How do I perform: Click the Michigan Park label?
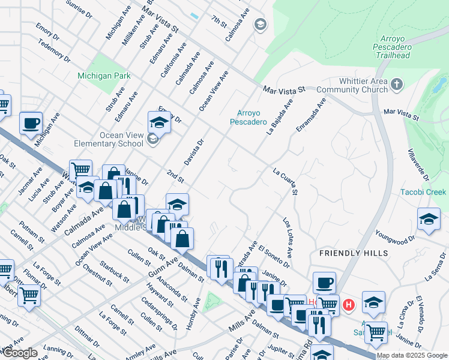click(x=104, y=76)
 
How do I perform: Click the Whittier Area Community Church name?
click(x=352, y=86)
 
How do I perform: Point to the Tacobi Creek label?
click(x=423, y=192)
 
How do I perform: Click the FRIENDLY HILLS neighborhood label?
click(x=354, y=253)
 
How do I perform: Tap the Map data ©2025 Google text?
click(x=412, y=355)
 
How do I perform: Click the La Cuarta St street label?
click(x=286, y=181)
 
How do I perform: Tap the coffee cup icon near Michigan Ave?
click(x=31, y=124)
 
